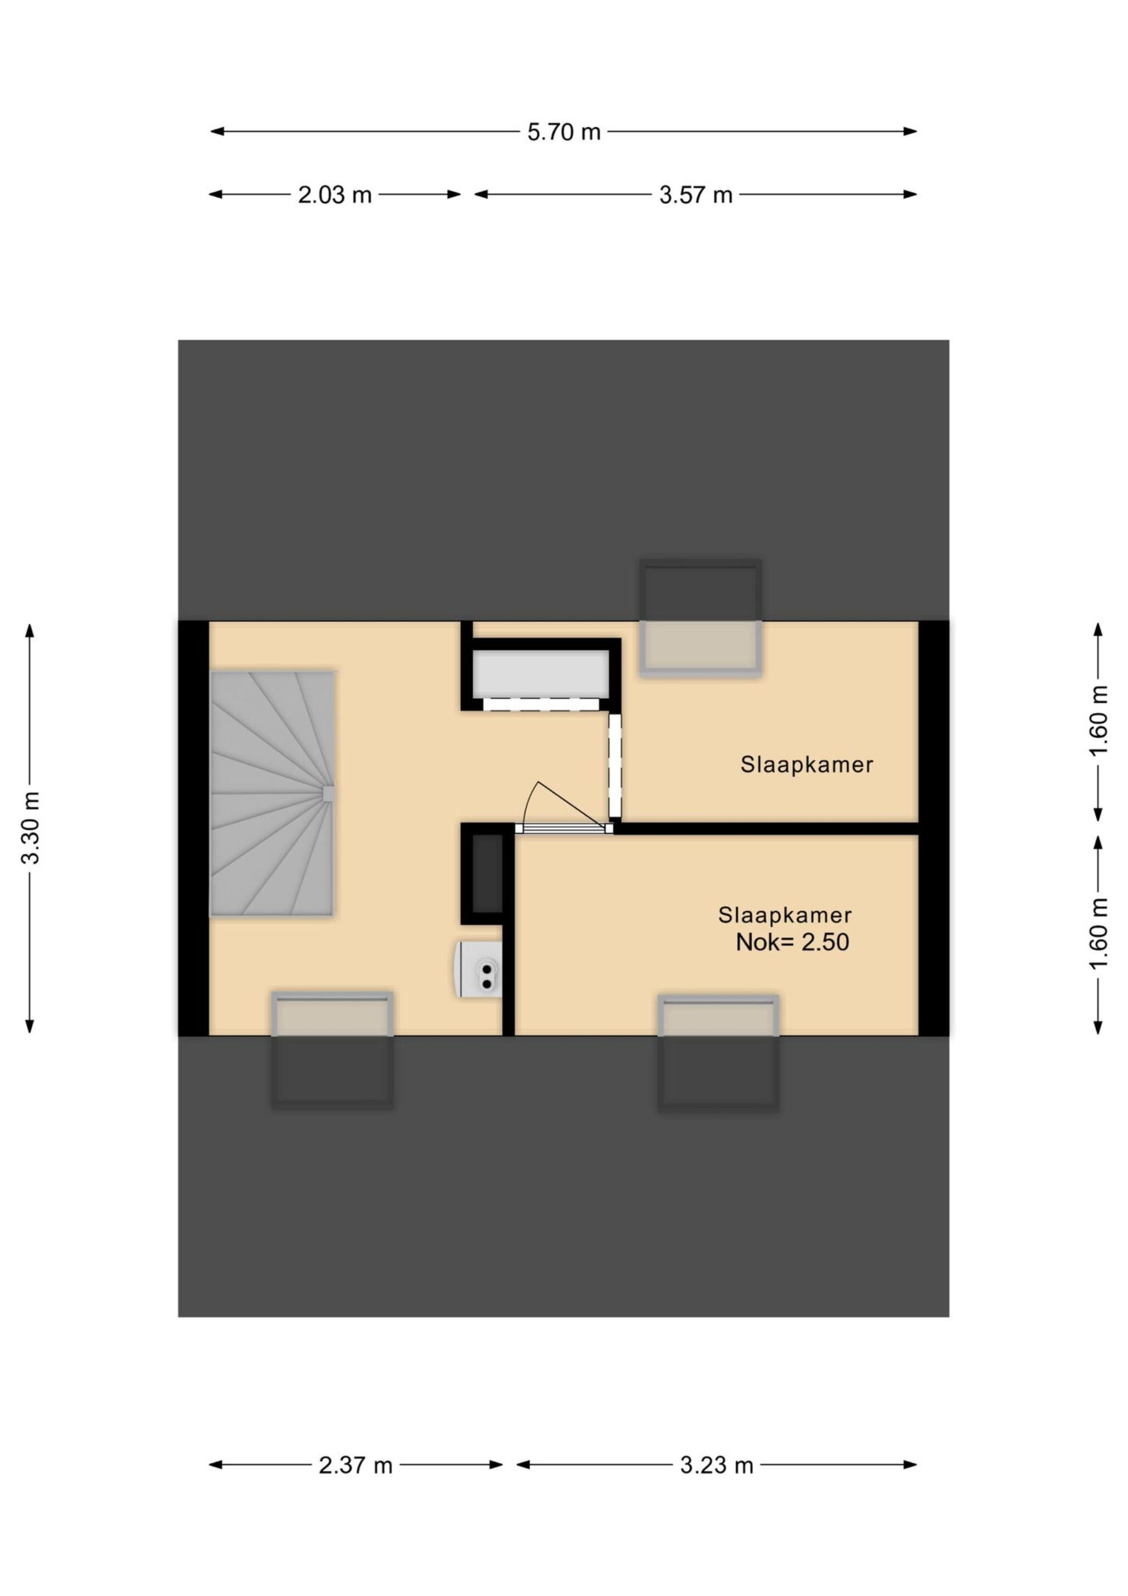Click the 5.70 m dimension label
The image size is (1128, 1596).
pos(563,132)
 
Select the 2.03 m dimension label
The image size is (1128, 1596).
pos(335,195)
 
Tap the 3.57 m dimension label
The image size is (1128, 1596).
pos(696,195)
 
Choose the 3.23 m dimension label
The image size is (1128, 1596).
pos(717,1466)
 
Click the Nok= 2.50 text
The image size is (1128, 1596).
pos(792,942)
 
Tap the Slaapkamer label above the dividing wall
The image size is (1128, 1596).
pos(806,765)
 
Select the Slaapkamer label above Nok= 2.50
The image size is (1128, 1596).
pos(785,915)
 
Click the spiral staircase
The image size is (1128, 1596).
pos(273,793)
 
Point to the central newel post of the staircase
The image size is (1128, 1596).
pos(329,794)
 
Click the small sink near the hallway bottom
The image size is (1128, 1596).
pos(479,969)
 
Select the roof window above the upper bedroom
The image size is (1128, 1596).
pos(700,618)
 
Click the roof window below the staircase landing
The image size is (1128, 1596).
pos(332,1049)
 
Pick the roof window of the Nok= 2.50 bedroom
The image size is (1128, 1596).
pos(719,1053)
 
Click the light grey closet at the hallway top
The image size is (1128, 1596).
pos(541,673)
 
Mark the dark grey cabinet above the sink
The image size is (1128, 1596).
pos(488,874)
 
